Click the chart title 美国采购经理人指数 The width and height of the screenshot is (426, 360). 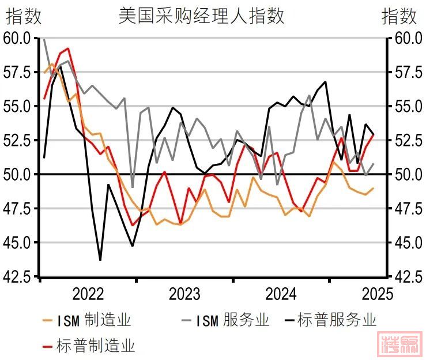pos(201,16)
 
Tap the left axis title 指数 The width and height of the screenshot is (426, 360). pos(24,16)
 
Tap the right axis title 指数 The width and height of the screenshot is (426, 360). pos(399,16)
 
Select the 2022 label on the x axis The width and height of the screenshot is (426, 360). pos(88,294)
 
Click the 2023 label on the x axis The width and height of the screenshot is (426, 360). pos(184,294)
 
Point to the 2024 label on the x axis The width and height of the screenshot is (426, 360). pos(281,294)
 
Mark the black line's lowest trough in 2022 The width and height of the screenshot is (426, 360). pos(100,260)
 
